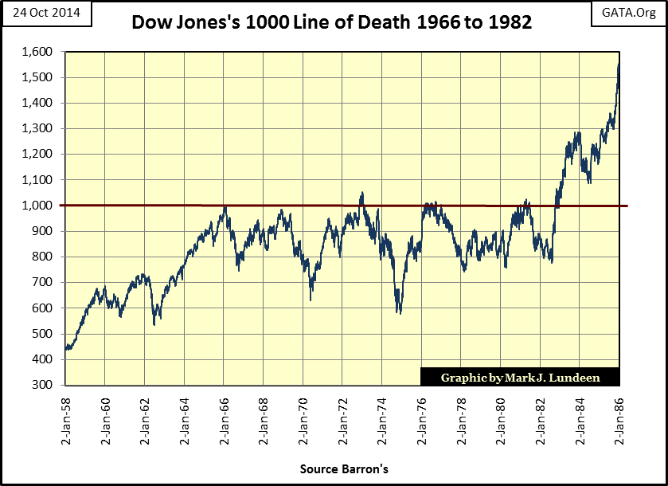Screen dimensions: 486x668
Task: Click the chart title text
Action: click(333, 23)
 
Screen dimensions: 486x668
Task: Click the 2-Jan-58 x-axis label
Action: click(66, 419)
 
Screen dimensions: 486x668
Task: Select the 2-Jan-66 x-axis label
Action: click(224, 419)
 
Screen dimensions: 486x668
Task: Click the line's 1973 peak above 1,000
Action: click(362, 193)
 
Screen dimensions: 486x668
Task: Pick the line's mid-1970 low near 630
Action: click(311, 299)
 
